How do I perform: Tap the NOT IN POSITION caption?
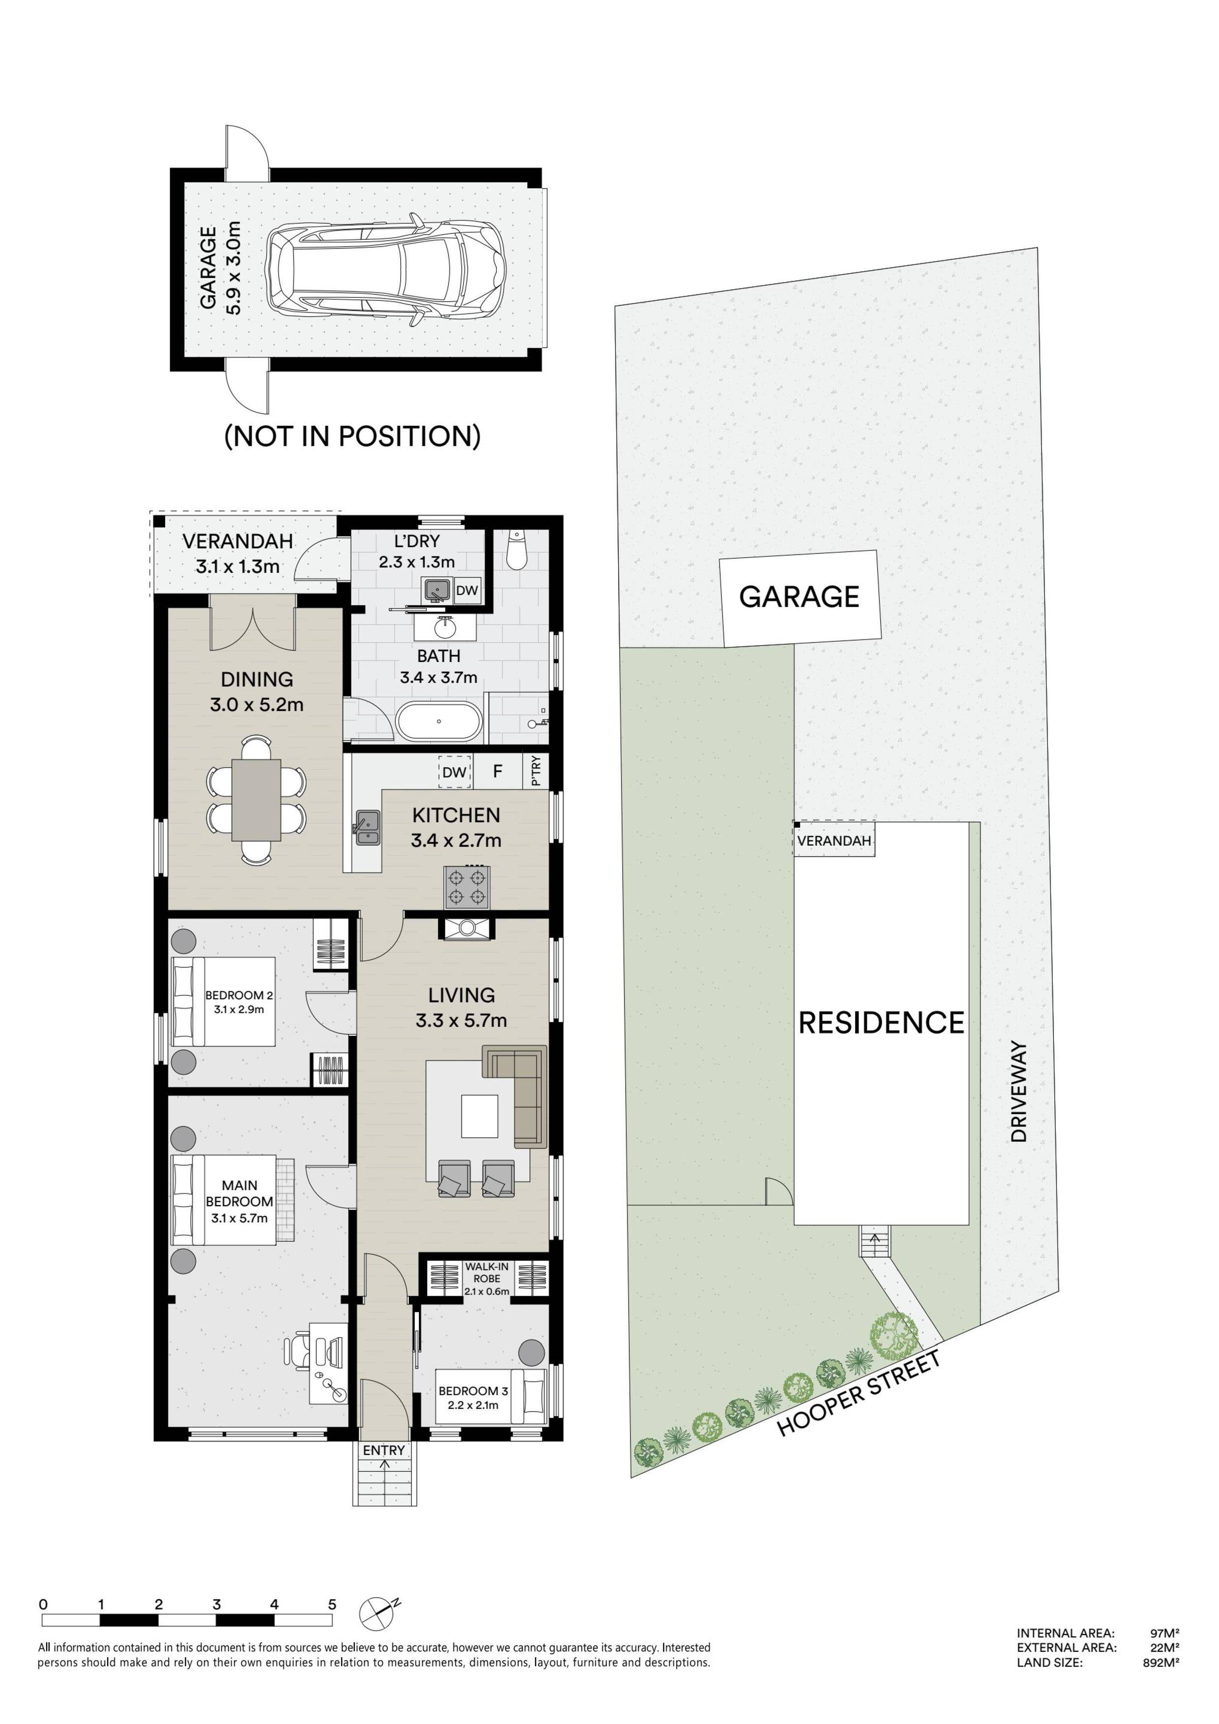point(352,436)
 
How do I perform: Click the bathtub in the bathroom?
point(439,721)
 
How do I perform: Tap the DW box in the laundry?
point(467,590)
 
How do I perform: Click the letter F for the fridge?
point(497,771)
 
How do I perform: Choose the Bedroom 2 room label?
point(239,1002)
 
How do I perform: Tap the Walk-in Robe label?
point(487,1278)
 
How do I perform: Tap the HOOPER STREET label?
point(859,1393)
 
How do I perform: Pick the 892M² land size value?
point(1160,1663)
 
